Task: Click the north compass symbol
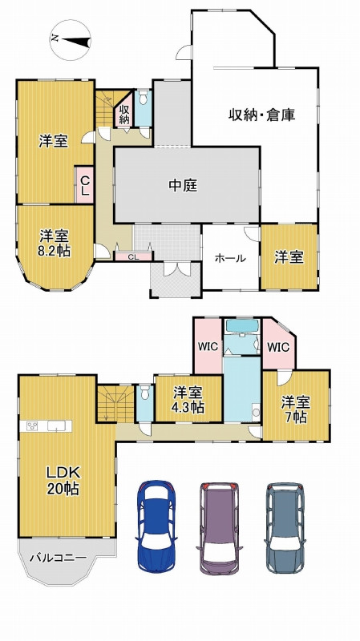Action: pos(68,38)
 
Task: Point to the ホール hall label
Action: pos(230,258)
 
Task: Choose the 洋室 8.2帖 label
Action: pos(55,243)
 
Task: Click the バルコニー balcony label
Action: pos(59,556)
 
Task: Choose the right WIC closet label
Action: pos(277,347)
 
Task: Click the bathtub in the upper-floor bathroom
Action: pos(241,327)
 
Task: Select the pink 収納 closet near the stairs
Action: pos(124,113)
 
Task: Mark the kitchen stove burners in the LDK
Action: pos(34,425)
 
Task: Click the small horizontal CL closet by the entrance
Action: pos(133,256)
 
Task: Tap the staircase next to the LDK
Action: pos(115,403)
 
